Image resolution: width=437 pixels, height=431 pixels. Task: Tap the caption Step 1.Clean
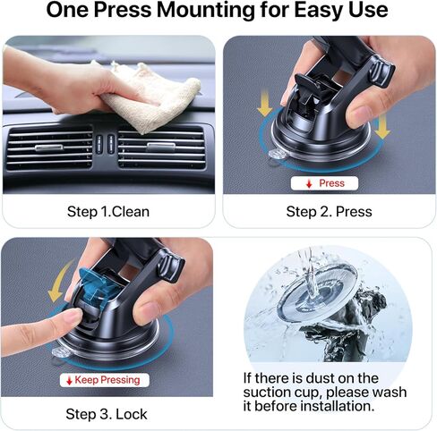point(108,212)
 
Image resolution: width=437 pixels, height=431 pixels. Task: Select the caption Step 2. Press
point(329,212)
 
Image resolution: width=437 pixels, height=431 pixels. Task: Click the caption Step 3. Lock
point(107,414)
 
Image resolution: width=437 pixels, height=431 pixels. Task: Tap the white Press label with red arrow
point(324,182)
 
